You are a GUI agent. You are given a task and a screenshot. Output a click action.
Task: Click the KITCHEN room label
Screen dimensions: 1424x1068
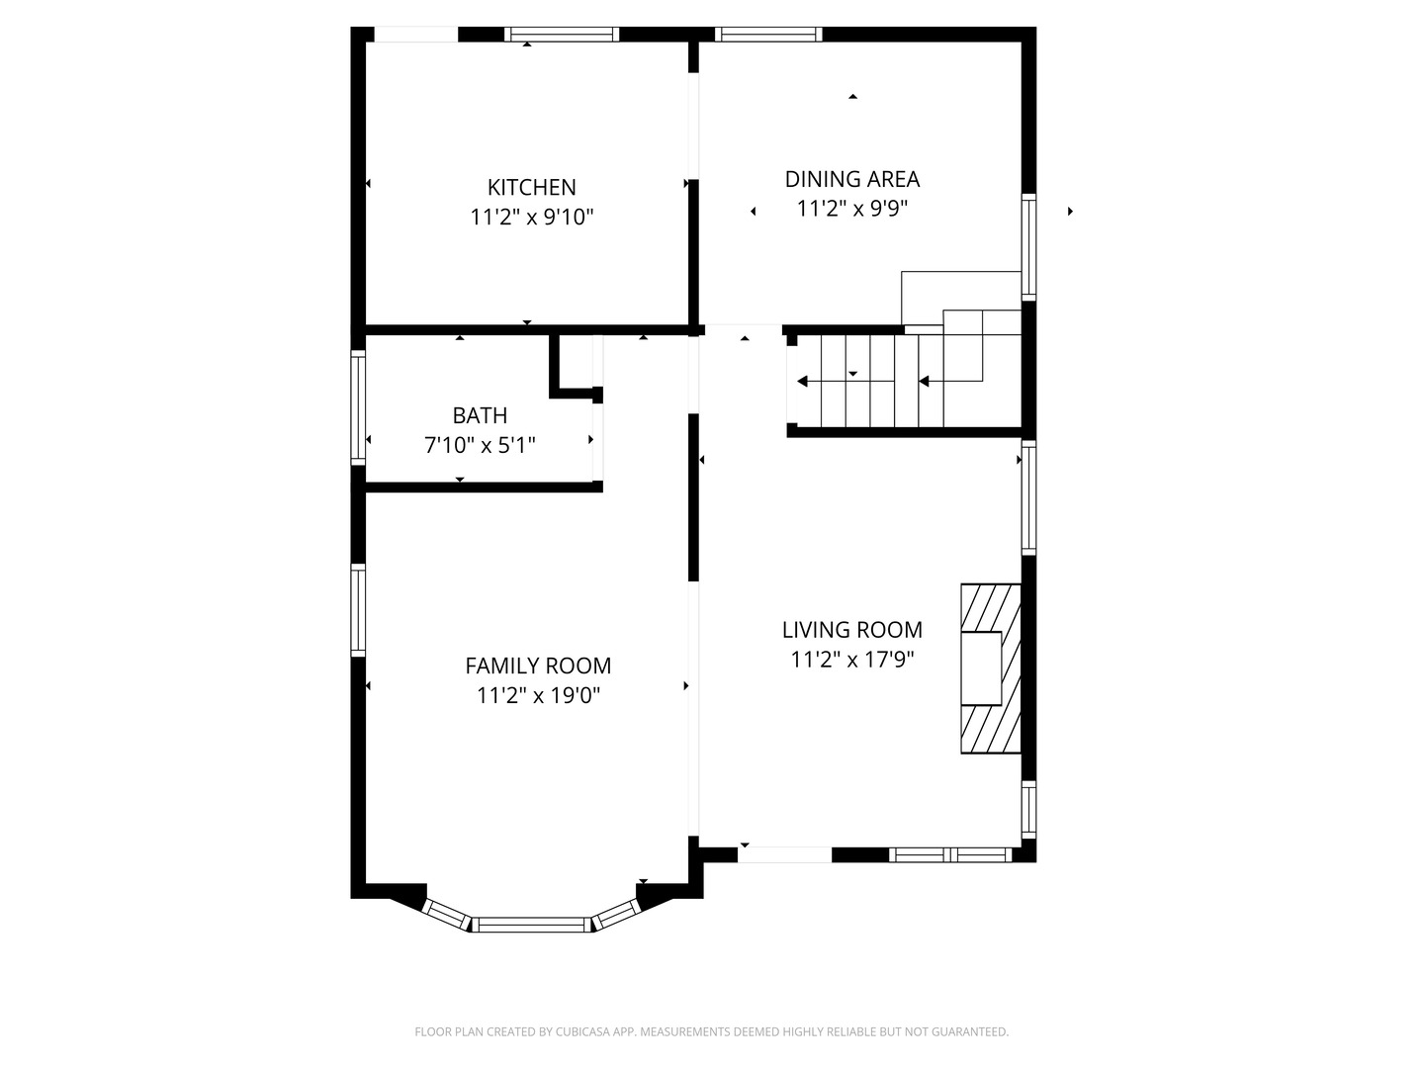coord(531,188)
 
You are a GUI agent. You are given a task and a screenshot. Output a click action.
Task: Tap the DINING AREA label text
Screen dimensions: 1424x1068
coord(851,179)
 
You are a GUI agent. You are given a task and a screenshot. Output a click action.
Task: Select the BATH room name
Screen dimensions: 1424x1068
coord(480,415)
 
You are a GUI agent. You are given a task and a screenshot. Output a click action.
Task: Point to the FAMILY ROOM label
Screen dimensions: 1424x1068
coord(538,666)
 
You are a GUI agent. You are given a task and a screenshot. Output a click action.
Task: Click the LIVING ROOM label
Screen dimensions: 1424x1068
coord(851,630)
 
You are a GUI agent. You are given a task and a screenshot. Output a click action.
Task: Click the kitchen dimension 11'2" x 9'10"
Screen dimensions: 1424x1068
coord(531,217)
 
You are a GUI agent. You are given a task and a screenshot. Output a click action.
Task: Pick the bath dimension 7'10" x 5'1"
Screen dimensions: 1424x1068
coord(480,445)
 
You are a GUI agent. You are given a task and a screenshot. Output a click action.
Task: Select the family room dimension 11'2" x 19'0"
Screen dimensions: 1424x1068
coord(538,695)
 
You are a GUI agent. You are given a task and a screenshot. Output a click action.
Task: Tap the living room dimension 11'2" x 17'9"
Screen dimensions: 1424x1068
coord(851,660)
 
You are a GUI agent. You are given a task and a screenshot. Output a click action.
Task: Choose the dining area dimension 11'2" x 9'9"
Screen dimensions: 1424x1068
coord(851,209)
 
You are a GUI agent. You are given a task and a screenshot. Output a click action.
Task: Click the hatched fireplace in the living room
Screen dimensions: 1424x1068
coord(991,668)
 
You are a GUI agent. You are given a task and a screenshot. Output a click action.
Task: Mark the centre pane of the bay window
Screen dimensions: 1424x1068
coord(531,925)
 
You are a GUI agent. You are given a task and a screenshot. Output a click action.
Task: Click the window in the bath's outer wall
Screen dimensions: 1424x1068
coord(358,407)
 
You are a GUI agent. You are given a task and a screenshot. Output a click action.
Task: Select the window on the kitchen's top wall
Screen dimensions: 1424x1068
coord(562,35)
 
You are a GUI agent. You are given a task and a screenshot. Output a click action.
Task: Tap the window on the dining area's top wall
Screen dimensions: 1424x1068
coord(768,35)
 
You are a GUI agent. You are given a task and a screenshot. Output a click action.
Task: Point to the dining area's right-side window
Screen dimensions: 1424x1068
coord(1028,247)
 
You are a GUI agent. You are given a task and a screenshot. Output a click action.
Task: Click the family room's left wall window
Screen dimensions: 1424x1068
coord(358,609)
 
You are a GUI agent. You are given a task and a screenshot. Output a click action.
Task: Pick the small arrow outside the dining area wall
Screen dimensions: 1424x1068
coord(1070,211)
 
